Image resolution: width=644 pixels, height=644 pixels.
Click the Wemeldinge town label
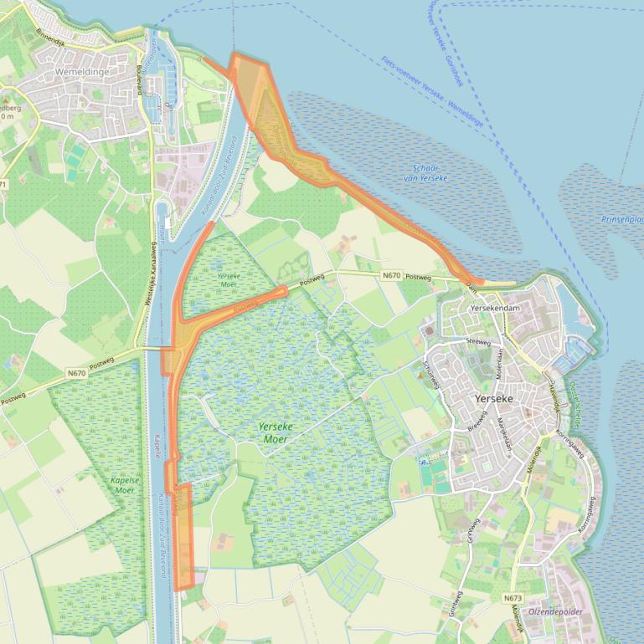82,72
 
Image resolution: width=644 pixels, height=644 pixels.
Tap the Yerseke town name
493,399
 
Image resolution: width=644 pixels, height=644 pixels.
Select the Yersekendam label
496,308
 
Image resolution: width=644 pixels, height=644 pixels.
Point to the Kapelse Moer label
123,485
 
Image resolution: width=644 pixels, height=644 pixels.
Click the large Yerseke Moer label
276,432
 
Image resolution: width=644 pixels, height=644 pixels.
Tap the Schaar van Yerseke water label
425,173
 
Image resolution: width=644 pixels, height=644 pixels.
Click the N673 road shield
513,598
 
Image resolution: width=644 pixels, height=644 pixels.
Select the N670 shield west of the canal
77,373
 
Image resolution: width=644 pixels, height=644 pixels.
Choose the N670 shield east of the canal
391,275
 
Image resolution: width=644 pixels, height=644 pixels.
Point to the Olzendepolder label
555,611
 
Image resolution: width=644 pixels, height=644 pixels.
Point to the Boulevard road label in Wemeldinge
137,81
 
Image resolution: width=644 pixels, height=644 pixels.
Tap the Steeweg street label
478,341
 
